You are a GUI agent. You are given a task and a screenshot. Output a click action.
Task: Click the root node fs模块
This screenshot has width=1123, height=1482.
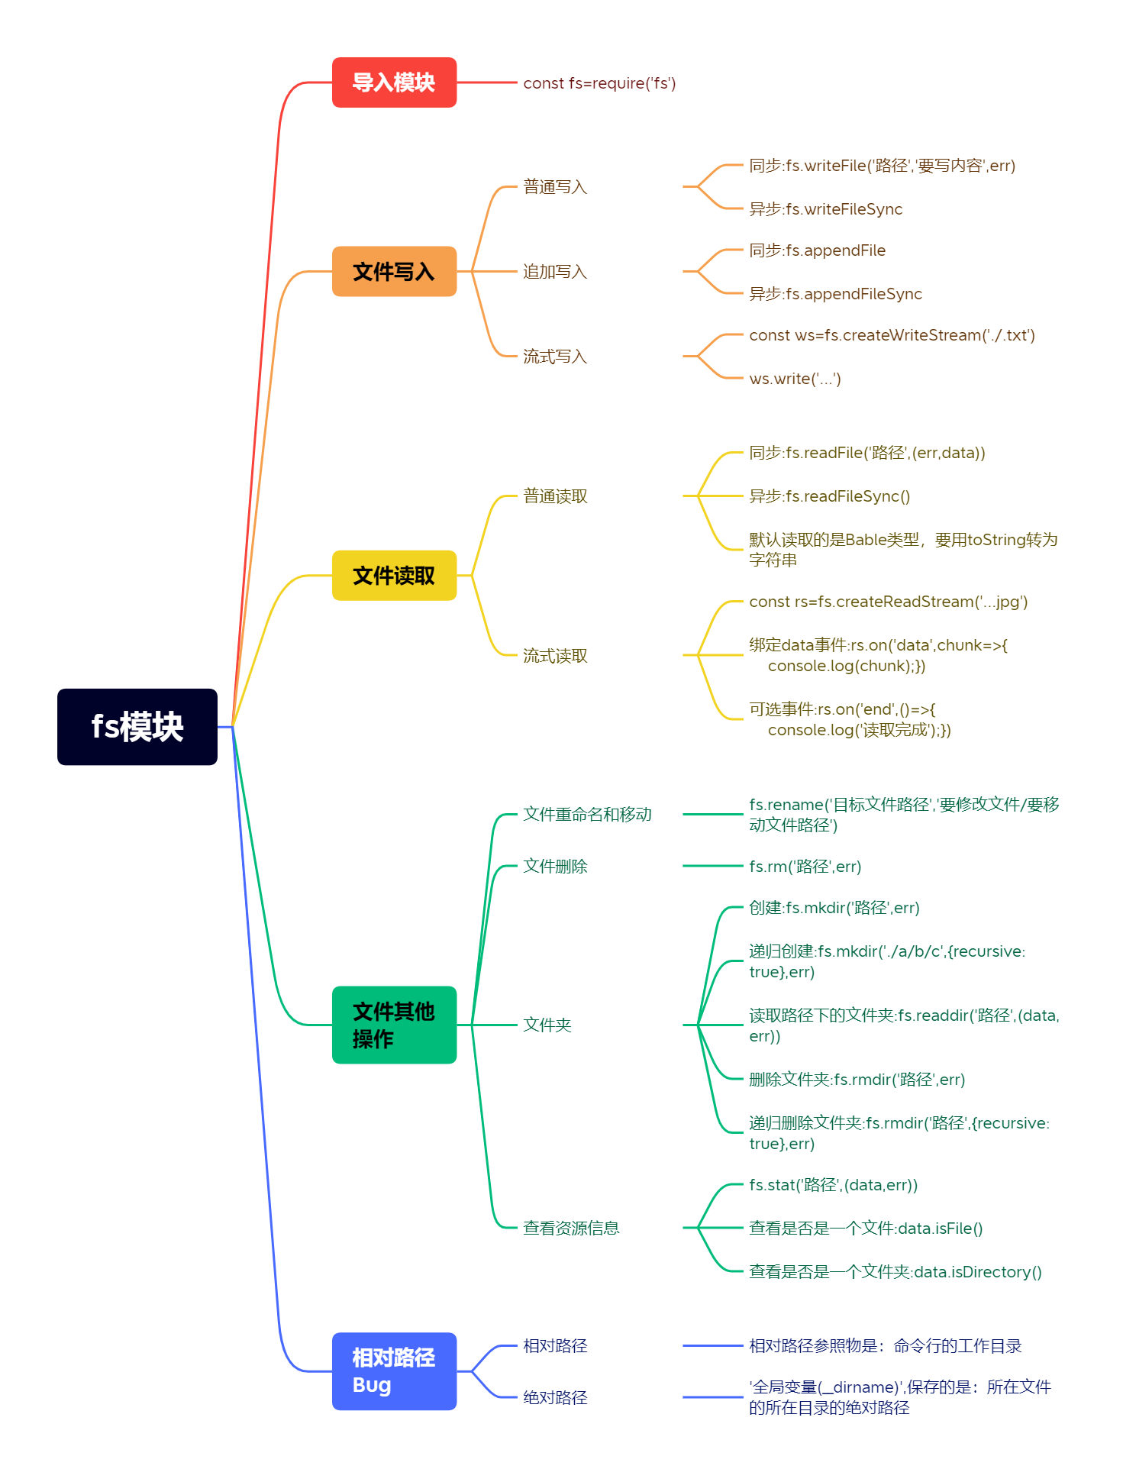[x=137, y=726]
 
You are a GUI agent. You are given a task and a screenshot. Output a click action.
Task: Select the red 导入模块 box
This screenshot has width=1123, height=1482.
[x=394, y=82]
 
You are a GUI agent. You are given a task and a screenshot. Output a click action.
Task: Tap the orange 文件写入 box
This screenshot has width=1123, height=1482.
[x=394, y=271]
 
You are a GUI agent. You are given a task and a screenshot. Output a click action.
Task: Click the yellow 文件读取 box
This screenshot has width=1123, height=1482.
[x=394, y=575]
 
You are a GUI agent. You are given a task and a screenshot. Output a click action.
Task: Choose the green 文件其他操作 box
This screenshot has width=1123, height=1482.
[x=394, y=1025]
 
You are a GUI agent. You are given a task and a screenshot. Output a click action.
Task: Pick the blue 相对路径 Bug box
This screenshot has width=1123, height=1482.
[x=394, y=1371]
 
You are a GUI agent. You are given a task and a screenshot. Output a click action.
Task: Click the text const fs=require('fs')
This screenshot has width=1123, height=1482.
[x=599, y=83]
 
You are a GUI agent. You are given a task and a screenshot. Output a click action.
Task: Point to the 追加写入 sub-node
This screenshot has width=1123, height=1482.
[x=555, y=272]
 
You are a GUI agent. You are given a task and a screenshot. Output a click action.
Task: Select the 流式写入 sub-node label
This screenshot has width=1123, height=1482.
[x=555, y=357]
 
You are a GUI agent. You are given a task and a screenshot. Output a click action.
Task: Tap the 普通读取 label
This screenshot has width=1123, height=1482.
[x=555, y=496]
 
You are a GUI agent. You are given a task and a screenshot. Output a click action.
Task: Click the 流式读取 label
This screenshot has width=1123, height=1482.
[x=555, y=656]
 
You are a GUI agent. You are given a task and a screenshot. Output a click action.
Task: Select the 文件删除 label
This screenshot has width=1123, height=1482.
[x=555, y=867]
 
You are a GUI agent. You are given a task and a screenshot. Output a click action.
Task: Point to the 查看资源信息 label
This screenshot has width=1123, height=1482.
[x=571, y=1228]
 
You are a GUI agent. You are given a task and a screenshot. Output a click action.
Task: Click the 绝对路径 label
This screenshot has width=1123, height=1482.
[x=555, y=1398]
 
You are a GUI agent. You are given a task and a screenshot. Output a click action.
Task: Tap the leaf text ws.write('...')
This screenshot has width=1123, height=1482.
[x=795, y=379]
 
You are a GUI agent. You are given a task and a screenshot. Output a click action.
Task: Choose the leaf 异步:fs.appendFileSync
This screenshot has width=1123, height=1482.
[x=835, y=294]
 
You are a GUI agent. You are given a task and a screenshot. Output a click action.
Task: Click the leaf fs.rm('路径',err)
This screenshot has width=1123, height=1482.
[x=805, y=867]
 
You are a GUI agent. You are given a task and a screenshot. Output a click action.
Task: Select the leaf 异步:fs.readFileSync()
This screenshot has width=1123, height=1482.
[x=829, y=496]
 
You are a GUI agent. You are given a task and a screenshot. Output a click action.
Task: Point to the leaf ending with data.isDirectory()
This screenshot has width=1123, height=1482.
[x=895, y=1272]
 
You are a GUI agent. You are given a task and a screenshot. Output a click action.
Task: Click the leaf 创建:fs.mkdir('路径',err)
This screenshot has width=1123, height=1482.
[x=834, y=908]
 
